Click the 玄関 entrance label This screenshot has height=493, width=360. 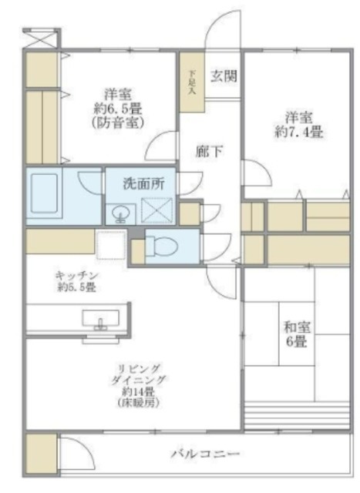(224, 75)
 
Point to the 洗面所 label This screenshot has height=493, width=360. (149, 184)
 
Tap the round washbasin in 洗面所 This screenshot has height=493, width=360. (119, 213)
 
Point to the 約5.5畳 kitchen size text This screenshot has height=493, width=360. (75, 287)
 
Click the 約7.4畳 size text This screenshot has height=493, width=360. (301, 132)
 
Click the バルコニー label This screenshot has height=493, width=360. (206, 454)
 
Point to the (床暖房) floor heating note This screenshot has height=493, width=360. (133, 402)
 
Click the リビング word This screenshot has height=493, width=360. (132, 367)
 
